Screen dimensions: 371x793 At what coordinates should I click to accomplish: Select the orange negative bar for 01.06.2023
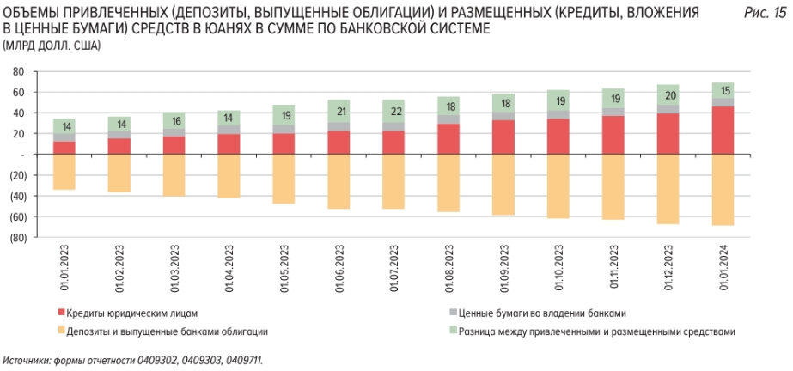(339, 181)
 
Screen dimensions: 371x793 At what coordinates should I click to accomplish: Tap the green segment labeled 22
(393, 111)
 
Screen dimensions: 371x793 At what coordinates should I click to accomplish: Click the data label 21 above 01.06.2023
(339, 111)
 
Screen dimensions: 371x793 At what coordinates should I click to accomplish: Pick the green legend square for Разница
(453, 331)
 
